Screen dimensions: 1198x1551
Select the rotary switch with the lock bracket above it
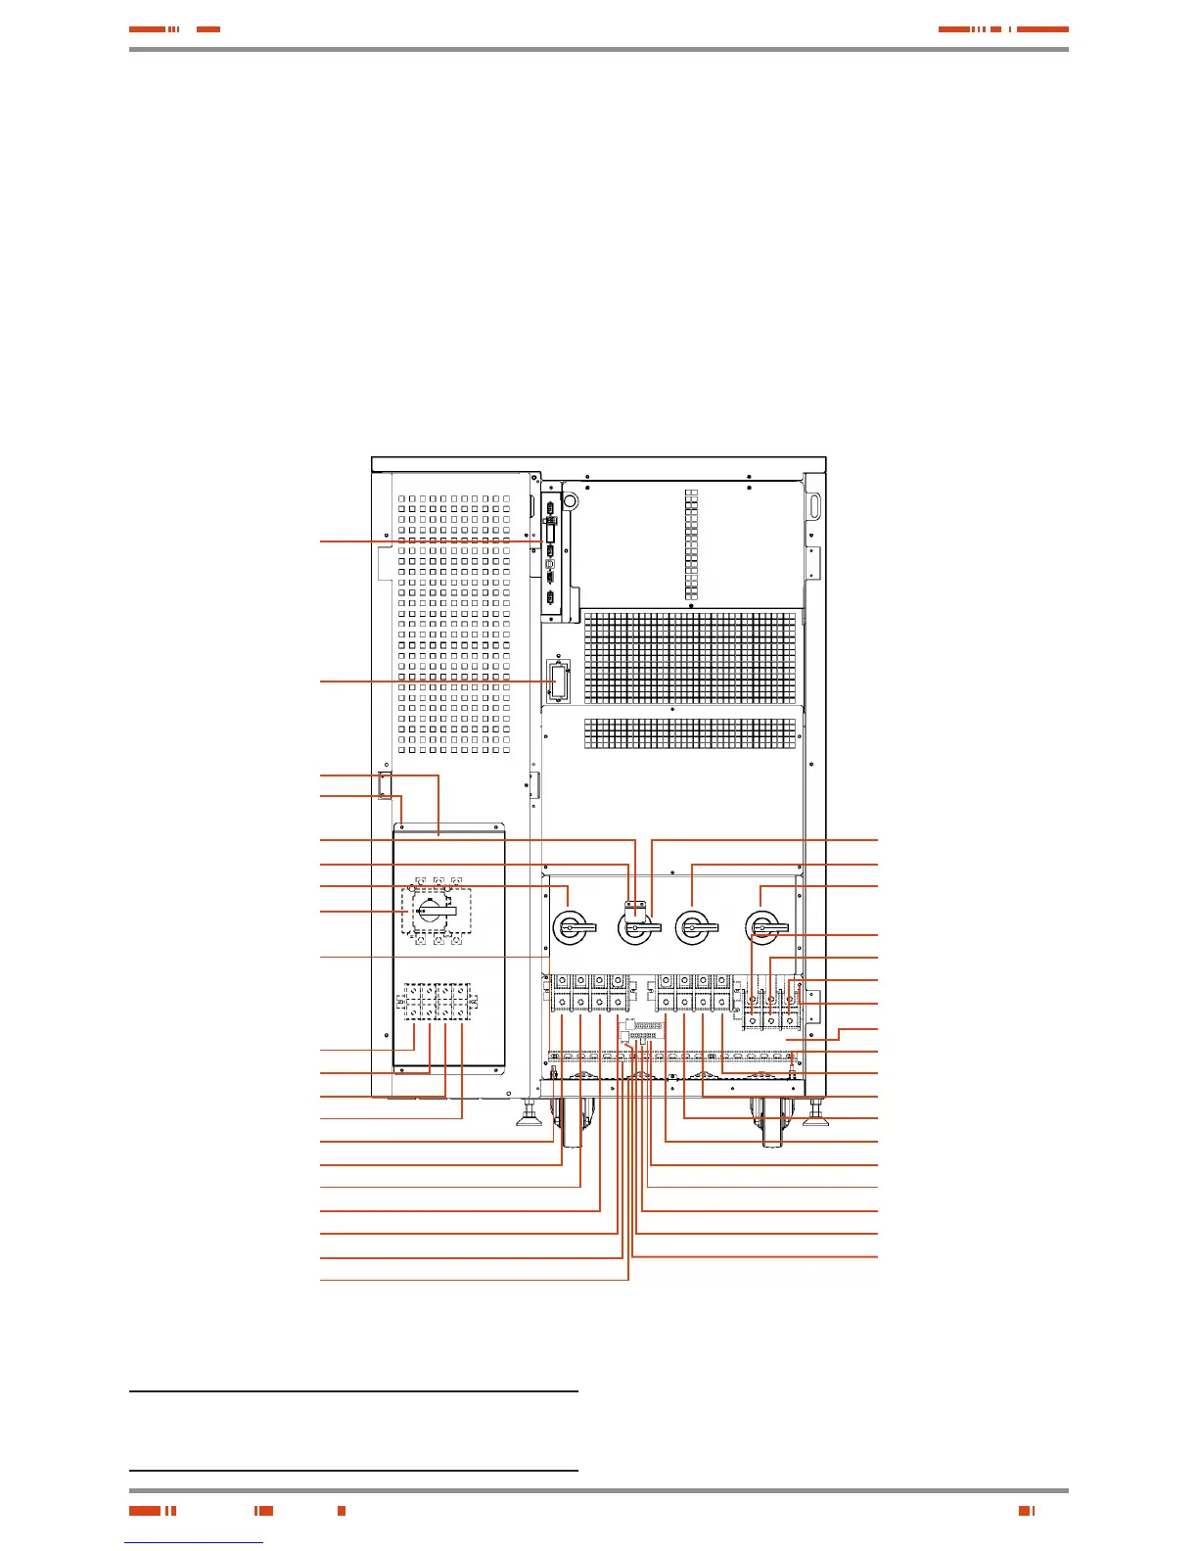click(x=636, y=927)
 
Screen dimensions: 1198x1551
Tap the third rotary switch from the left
click(x=695, y=926)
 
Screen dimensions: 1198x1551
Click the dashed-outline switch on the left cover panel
click(x=437, y=912)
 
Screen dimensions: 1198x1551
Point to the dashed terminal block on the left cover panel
click(x=438, y=1002)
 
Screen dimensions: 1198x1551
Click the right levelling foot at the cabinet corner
click(x=816, y=1112)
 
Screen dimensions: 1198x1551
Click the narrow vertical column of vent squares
click(x=692, y=544)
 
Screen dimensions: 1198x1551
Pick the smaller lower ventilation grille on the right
click(x=690, y=733)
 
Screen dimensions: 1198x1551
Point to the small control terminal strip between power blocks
click(x=647, y=1031)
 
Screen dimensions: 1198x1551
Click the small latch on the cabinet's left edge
click(x=384, y=785)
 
